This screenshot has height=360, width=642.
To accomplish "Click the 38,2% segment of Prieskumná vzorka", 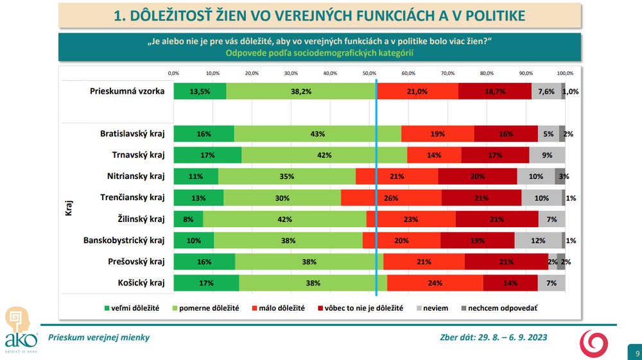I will (x=301, y=91).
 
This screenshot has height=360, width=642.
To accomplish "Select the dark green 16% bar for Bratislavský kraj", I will (x=204, y=134).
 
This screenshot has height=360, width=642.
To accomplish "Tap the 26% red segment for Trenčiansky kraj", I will (x=391, y=198).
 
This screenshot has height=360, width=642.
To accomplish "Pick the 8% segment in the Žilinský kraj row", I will (x=188, y=219).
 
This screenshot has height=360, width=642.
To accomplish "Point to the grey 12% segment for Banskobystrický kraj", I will (x=538, y=241).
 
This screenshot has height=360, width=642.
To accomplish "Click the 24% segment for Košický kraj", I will (x=435, y=283).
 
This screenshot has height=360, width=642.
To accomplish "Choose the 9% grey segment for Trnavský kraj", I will (x=547, y=155).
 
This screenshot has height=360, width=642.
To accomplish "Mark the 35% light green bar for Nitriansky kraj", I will (x=286, y=176).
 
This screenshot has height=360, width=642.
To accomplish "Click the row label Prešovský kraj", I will (x=137, y=262).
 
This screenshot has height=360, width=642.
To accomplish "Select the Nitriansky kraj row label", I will (x=136, y=176).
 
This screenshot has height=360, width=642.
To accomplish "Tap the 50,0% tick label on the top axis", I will (x=369, y=73).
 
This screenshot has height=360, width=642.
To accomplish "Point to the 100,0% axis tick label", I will (x=565, y=73).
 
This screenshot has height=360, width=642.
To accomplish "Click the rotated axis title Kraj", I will (x=69, y=208).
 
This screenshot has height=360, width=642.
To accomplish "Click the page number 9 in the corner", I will (x=637, y=354).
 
